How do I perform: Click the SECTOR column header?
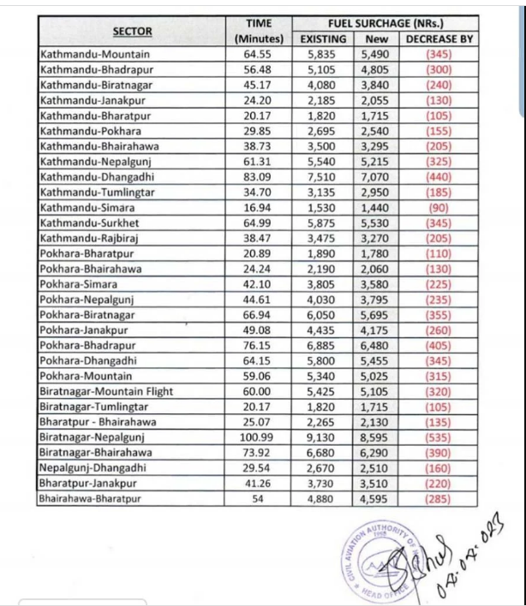click(x=133, y=32)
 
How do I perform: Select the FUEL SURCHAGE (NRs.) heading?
click(x=385, y=24)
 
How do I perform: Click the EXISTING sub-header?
click(x=323, y=39)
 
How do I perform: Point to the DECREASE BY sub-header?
click(x=439, y=39)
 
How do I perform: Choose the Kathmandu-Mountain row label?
click(x=83, y=53)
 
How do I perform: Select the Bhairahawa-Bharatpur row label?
click(x=88, y=498)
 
